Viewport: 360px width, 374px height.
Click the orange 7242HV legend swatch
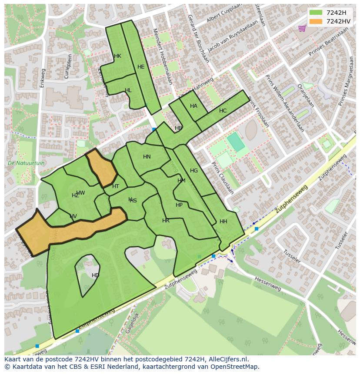[x=316, y=21]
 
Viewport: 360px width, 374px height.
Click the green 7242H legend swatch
[x=316, y=13]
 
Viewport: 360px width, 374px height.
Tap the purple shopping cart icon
[x=302, y=28]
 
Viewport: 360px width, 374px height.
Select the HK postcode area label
[x=117, y=56]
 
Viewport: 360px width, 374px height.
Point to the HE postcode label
[x=141, y=67]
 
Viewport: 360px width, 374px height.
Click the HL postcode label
[x=128, y=90]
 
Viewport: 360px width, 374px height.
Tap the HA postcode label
[x=193, y=106]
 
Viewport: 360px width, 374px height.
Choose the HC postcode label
[x=223, y=111]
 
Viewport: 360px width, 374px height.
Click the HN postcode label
[x=147, y=157]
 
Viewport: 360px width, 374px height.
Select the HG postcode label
[x=194, y=171]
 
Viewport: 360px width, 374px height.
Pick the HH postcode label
[x=223, y=222]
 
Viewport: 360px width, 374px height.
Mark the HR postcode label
[x=166, y=221]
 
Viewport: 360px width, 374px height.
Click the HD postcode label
[x=95, y=275]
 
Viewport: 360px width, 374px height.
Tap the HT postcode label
[x=116, y=186]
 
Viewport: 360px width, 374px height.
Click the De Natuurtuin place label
[x=26, y=163]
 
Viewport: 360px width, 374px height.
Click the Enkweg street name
[x=42, y=79]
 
